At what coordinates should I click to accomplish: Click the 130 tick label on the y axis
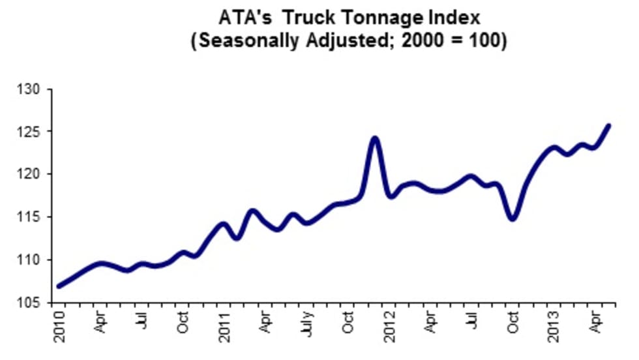pyautogui.click(x=32, y=89)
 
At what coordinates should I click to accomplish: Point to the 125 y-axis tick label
pyautogui.click(x=32, y=132)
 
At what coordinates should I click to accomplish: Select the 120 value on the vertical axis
pyautogui.click(x=32, y=174)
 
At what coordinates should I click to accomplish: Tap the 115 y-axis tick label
pyautogui.click(x=32, y=217)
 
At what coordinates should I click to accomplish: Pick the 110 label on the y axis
pyautogui.click(x=32, y=260)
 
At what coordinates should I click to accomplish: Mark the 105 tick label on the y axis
pyautogui.click(x=32, y=303)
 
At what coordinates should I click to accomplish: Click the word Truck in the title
pyautogui.click(x=310, y=18)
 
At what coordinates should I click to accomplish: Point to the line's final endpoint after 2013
pyautogui.click(x=609, y=125)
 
